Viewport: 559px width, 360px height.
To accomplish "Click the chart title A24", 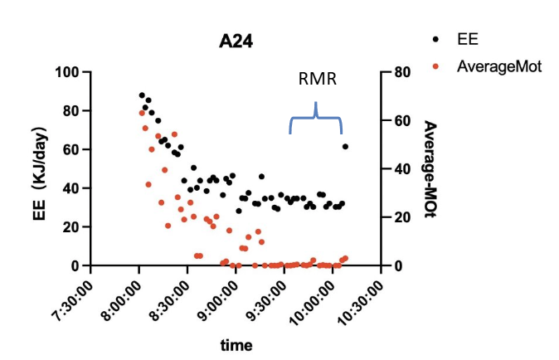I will point(236,41).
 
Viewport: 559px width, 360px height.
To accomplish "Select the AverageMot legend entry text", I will point(499,67).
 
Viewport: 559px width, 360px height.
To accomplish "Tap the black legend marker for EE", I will point(436,39).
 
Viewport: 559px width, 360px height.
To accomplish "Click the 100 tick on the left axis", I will point(66,72).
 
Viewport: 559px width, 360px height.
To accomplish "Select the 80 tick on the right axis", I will point(403,72).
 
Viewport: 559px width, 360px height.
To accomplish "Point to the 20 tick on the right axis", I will point(403,217).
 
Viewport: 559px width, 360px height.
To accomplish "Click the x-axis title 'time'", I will point(236,345).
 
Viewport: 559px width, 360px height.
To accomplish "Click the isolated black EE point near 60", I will point(345,147).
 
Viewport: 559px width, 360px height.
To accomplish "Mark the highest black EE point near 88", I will point(142,95).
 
